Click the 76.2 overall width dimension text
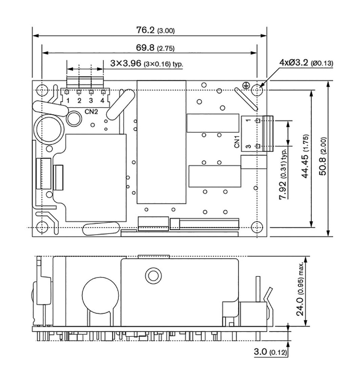pos(155,30)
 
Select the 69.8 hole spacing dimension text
pos(155,48)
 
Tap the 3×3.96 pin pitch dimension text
pos(147,63)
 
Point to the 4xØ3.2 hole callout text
pos(306,63)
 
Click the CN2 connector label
pos(91,112)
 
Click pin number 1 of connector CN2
pos(68,100)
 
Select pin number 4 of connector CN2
pos(102,100)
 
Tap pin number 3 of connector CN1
pos(248,147)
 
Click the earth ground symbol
pos(246,85)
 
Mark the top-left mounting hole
pos(42,90)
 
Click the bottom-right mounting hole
pos(257,227)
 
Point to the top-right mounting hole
pos(257,90)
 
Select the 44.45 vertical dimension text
pos(306,156)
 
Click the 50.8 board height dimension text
pos(323,156)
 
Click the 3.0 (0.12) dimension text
pos(270,352)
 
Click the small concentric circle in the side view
pos(153,275)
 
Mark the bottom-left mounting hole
pos(42,227)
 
